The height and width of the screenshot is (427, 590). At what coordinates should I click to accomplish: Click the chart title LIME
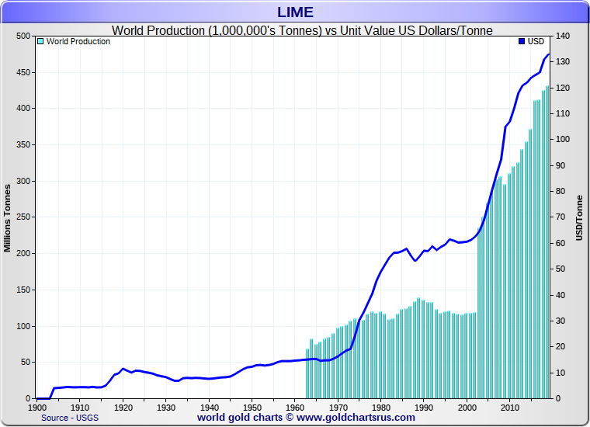coord(295,12)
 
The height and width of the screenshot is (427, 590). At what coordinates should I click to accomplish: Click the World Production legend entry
coord(78,41)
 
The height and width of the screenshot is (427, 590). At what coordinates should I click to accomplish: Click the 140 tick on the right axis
coord(561,36)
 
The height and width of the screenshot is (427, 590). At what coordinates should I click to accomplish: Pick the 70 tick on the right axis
coord(559,217)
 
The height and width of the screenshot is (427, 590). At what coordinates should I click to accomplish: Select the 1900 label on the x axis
coord(37,407)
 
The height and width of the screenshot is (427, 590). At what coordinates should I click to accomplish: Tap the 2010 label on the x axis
coord(508,407)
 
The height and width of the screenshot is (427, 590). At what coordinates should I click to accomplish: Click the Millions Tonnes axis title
coord(8,217)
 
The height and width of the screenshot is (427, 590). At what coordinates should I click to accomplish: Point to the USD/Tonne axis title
coord(579,217)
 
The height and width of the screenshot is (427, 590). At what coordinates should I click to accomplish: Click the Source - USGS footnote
coord(71,418)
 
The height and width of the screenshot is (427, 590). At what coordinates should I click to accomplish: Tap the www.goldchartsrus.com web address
coord(356,418)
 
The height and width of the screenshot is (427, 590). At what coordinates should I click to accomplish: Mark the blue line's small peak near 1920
coord(123,369)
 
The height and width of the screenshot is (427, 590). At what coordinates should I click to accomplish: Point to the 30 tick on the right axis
coord(559,321)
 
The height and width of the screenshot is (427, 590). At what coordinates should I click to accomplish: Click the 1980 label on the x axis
coord(380,407)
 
